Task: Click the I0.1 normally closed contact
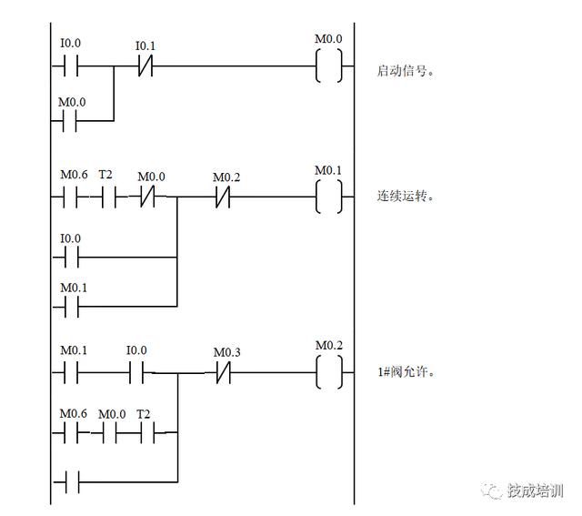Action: point(145,66)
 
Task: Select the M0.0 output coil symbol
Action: point(328,66)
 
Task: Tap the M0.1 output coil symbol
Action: point(328,197)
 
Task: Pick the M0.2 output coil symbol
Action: point(328,372)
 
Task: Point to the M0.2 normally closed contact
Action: point(224,197)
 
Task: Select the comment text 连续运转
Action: point(405,197)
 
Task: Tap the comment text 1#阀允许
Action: point(405,372)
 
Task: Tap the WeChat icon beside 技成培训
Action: point(494,491)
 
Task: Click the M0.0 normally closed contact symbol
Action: point(146,197)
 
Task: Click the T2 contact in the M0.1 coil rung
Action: point(106,197)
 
